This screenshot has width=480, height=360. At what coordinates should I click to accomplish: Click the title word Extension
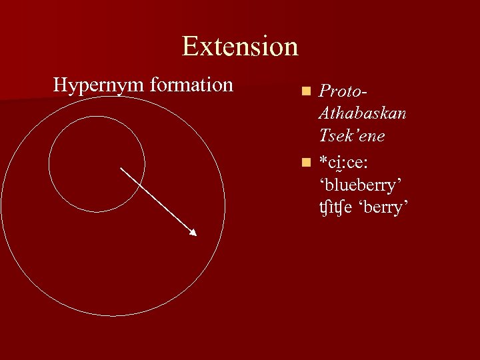[x=239, y=47]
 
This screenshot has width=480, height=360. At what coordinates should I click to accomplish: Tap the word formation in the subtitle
[x=191, y=85]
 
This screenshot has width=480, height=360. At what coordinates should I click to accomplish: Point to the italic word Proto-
[x=343, y=91]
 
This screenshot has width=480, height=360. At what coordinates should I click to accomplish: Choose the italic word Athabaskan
[x=363, y=113]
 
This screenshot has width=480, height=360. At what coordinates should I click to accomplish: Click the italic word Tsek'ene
[x=352, y=136]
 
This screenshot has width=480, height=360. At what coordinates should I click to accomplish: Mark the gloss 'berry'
[x=383, y=207]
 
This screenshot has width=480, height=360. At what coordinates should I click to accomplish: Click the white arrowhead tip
[x=195, y=235]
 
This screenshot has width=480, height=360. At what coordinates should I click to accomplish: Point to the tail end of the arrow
[x=121, y=168]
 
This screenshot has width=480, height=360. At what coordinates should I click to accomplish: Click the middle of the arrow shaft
[x=158, y=201]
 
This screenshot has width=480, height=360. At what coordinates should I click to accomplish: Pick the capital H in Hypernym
[x=61, y=85]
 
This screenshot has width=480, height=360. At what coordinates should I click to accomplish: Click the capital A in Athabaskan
[x=326, y=113]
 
